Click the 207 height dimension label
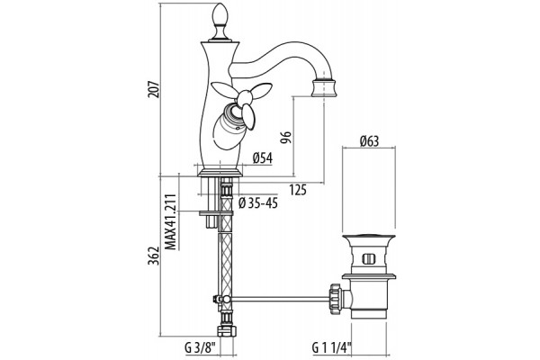coord(154,89)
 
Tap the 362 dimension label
coord(154,256)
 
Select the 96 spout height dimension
coord(286,138)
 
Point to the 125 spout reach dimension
coord(298,190)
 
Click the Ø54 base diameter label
coord(263,158)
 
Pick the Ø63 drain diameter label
coord(369,141)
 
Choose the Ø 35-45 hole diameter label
coord(258,203)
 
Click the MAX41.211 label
coord(170,221)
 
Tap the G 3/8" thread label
coord(200,347)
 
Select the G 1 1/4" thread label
coord(332,347)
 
